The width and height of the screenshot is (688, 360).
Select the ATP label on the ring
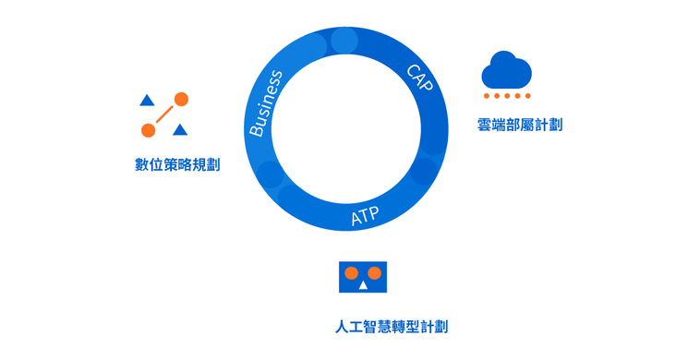365,216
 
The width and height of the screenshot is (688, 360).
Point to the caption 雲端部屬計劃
520,124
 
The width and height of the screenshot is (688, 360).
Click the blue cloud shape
506,70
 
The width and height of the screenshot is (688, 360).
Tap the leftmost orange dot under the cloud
487,96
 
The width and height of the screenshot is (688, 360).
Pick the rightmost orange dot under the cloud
527,96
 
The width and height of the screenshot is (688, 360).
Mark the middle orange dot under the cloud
507,96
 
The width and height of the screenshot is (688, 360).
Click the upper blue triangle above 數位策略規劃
146,100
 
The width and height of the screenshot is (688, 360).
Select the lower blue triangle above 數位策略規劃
180,130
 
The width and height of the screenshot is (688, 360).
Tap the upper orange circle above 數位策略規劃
181,99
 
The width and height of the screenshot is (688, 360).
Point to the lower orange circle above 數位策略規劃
148,130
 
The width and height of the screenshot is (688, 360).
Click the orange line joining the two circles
164,114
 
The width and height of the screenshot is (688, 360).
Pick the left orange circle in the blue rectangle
351,273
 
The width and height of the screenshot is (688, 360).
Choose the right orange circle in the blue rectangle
375,273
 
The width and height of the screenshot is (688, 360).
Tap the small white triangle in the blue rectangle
363,285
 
